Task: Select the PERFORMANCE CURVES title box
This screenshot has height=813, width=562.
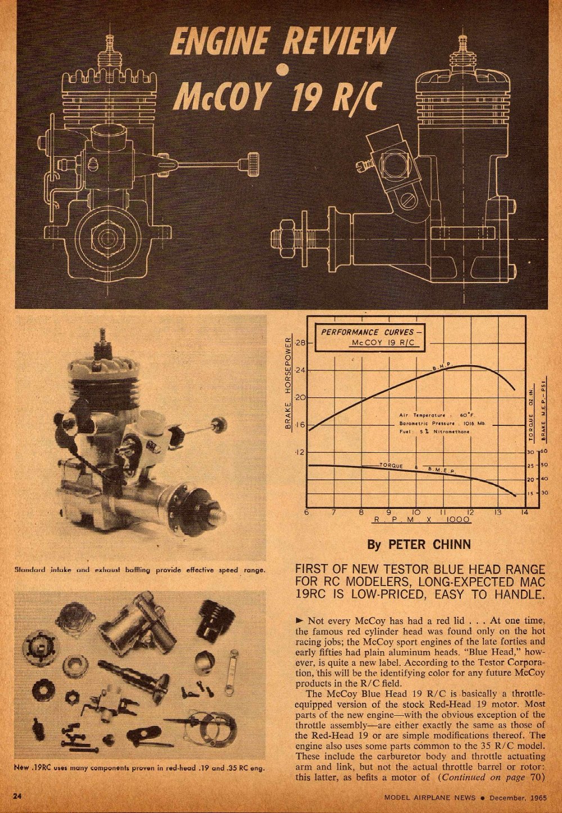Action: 375,337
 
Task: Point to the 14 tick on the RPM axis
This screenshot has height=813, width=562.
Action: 524,512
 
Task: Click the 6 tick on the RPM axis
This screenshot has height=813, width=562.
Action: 307,512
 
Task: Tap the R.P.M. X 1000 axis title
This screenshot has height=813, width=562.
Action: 422,521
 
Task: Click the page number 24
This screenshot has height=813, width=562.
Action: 18,796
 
